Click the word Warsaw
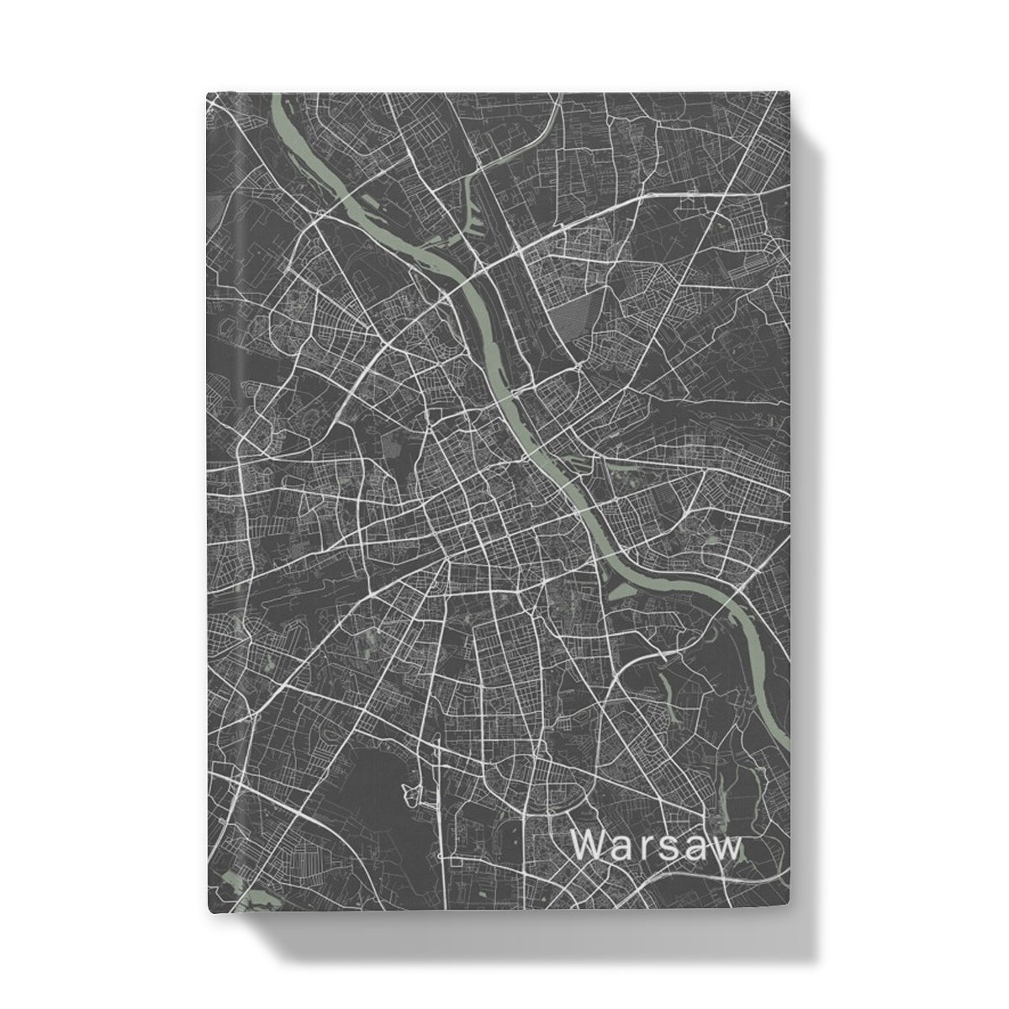click(658, 847)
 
